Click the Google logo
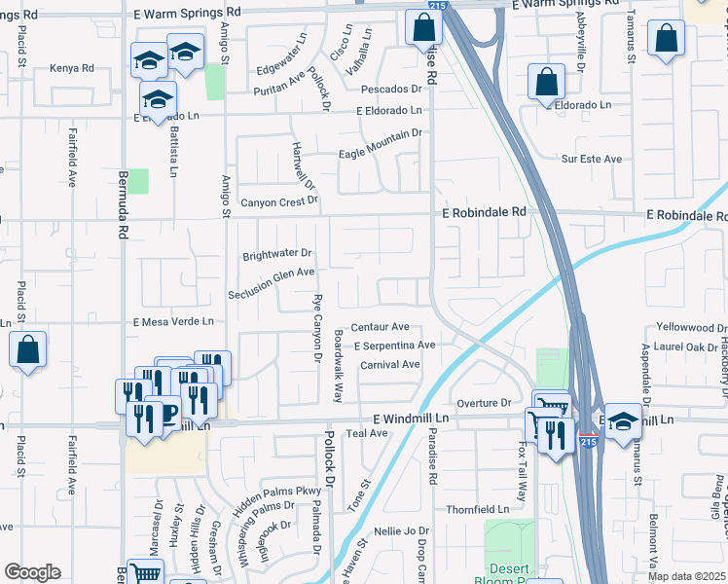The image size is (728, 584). [32, 572]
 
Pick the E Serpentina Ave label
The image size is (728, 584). [394, 346]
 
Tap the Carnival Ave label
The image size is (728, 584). [389, 365]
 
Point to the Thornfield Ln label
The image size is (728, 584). [477, 509]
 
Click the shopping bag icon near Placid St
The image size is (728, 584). [27, 350]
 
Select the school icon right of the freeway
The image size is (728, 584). [623, 420]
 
